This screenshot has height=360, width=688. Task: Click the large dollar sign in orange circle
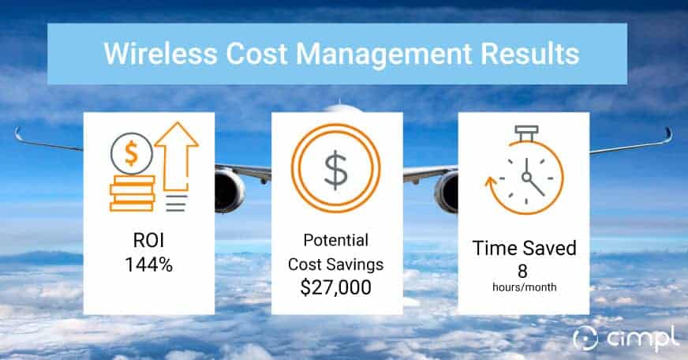(x=336, y=167)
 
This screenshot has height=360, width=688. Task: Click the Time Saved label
(x=524, y=248)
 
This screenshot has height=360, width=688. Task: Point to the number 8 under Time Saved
(x=524, y=268)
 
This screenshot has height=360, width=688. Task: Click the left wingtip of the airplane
(x=17, y=132)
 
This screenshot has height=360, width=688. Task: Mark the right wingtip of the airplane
(x=668, y=133)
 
